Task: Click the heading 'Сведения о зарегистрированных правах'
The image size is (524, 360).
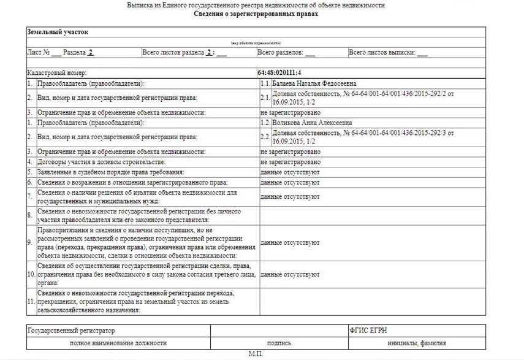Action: coord(256,13)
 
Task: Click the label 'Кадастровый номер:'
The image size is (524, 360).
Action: coord(61,72)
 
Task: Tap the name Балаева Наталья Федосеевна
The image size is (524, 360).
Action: coord(314,83)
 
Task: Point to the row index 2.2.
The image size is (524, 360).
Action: coord(265,136)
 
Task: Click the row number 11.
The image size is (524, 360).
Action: coord(31,301)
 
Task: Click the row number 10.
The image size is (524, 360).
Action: coord(31,275)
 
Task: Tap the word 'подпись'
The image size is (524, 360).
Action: coord(279,343)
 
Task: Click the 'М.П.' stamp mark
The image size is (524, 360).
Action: coord(255,354)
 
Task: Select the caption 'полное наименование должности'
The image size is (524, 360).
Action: coord(118,343)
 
